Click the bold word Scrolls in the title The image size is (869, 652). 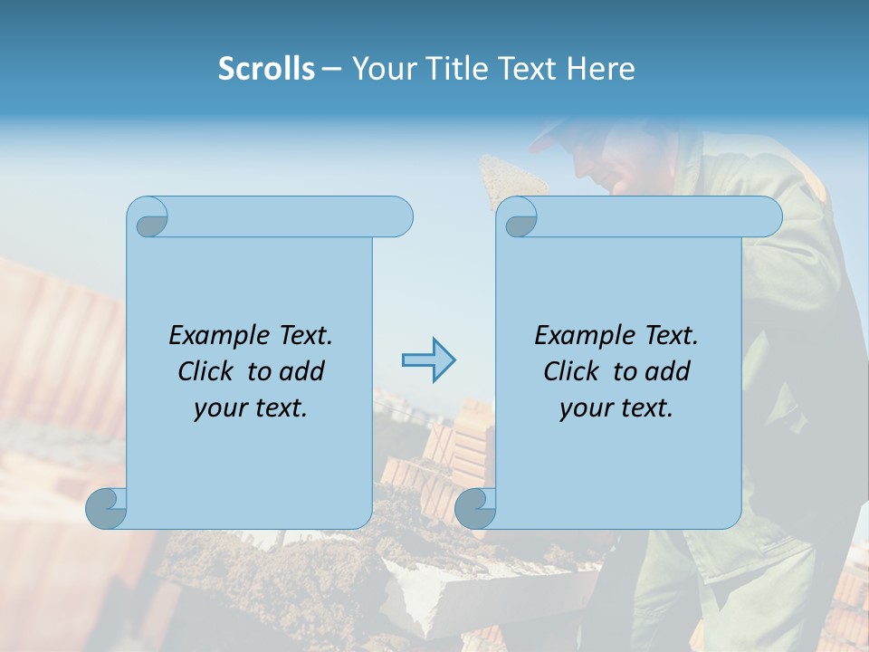266,69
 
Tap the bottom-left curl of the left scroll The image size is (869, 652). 107,508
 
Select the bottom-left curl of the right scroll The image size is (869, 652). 475,508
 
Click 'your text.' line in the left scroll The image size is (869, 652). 251,408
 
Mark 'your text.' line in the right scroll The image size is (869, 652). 616,408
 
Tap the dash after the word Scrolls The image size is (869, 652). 332,69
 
